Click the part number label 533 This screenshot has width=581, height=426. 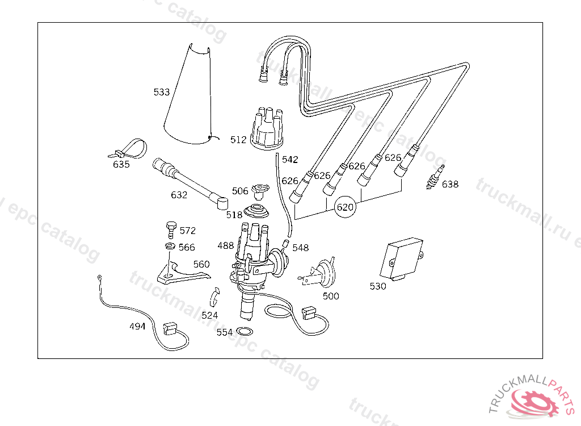[162, 92]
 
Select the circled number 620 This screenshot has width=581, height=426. [346, 208]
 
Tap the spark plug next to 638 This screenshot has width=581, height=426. [435, 177]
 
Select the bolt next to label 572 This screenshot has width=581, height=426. [169, 228]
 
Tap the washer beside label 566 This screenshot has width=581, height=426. [169, 247]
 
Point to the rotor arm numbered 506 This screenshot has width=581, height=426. [260, 189]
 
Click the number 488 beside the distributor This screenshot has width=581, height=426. [226, 246]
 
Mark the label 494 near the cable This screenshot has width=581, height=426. [137, 327]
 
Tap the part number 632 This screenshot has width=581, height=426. [179, 195]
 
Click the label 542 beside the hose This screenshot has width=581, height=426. [290, 160]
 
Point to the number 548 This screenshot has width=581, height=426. [301, 248]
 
